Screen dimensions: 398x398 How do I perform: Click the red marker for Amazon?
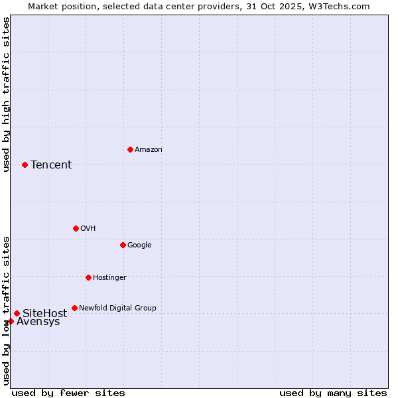[130, 149]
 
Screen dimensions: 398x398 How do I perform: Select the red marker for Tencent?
[25, 165]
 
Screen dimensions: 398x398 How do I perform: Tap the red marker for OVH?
[76, 228]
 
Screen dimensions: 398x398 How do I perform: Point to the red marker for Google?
[123, 245]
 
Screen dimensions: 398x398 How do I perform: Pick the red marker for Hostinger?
[88, 277]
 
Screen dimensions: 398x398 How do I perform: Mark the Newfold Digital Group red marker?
[74, 308]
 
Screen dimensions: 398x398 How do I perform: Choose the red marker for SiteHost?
[17, 313]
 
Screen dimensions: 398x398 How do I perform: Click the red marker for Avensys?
[11, 321]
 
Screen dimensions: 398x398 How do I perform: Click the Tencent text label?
[51, 165]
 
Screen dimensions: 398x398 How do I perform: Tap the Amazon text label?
[148, 150]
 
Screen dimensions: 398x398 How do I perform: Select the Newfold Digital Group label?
[117, 308]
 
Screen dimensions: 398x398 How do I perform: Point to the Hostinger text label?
[109, 277]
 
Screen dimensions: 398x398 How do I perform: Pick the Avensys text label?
[38, 322]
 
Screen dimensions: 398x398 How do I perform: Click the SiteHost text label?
[44, 313]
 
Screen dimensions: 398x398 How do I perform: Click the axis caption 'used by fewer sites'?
[68, 393]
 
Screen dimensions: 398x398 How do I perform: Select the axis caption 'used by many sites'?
[333, 393]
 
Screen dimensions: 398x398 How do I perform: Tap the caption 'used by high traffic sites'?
[6, 94]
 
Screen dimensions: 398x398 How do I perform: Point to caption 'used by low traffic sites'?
[6, 310]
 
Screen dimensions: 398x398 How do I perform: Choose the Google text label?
[139, 245]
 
